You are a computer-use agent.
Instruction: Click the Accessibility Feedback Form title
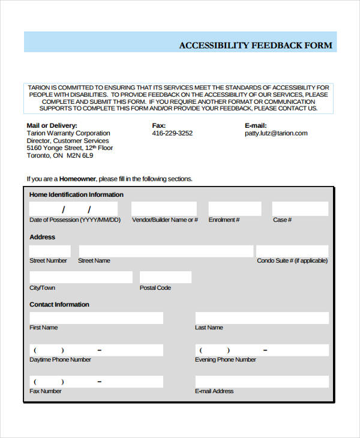(255, 46)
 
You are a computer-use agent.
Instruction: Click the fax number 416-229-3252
(172, 133)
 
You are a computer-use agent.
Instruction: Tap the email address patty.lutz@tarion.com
(276, 133)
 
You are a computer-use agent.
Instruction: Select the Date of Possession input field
(74, 209)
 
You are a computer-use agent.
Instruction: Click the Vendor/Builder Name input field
(164, 209)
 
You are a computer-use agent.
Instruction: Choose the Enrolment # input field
(235, 209)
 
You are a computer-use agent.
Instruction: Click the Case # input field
(300, 209)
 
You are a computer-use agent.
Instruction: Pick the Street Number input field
(50, 251)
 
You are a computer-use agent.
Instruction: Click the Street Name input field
(166, 251)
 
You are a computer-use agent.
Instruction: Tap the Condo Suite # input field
(292, 251)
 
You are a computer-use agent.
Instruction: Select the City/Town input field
(81, 277)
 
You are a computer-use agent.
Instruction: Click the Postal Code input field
(166, 277)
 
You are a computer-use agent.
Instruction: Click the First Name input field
(96, 318)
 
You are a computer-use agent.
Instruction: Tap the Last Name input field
(262, 318)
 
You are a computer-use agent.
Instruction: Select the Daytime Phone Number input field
(96, 350)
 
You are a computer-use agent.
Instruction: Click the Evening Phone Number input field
(262, 350)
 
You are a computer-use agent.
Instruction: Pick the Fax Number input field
(96, 382)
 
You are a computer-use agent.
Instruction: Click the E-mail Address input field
(262, 382)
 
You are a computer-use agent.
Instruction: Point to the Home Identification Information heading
(76, 194)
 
